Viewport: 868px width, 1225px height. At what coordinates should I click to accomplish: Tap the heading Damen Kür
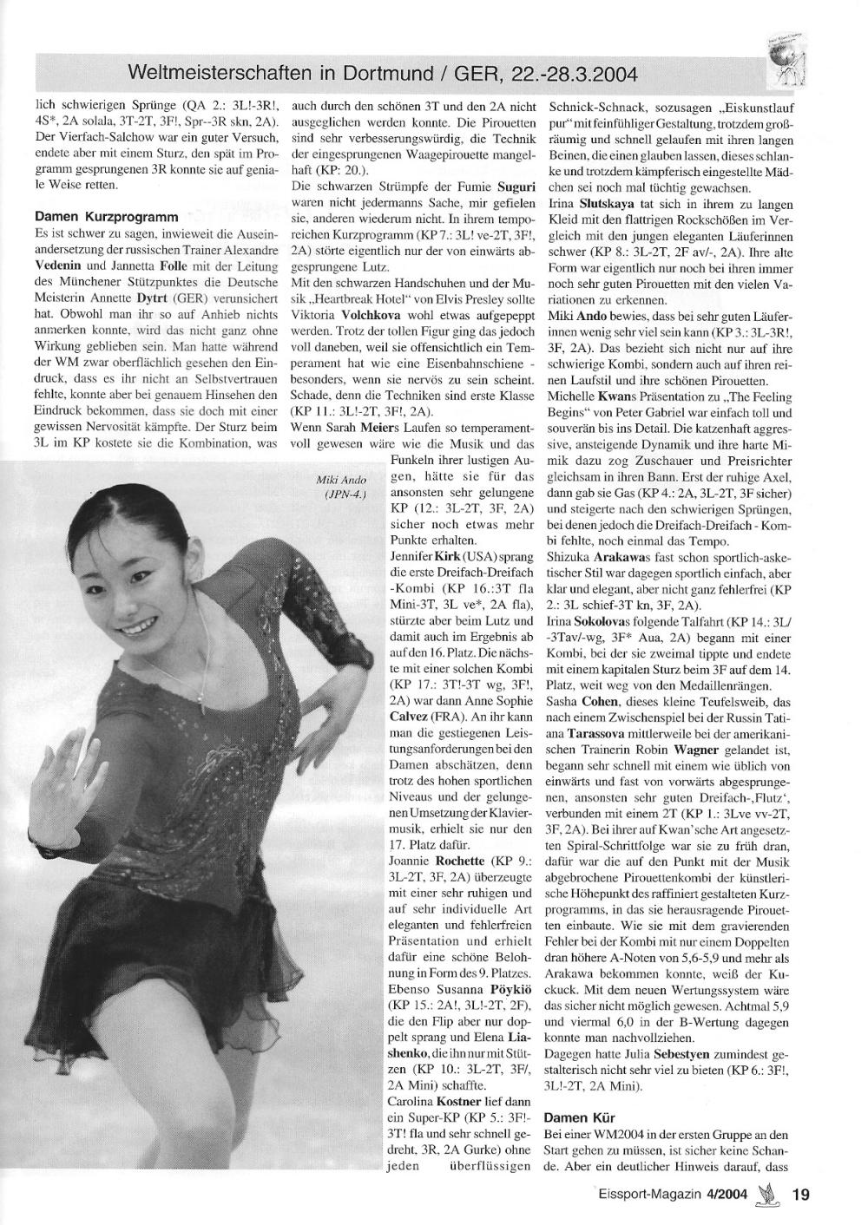pos(580,1118)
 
